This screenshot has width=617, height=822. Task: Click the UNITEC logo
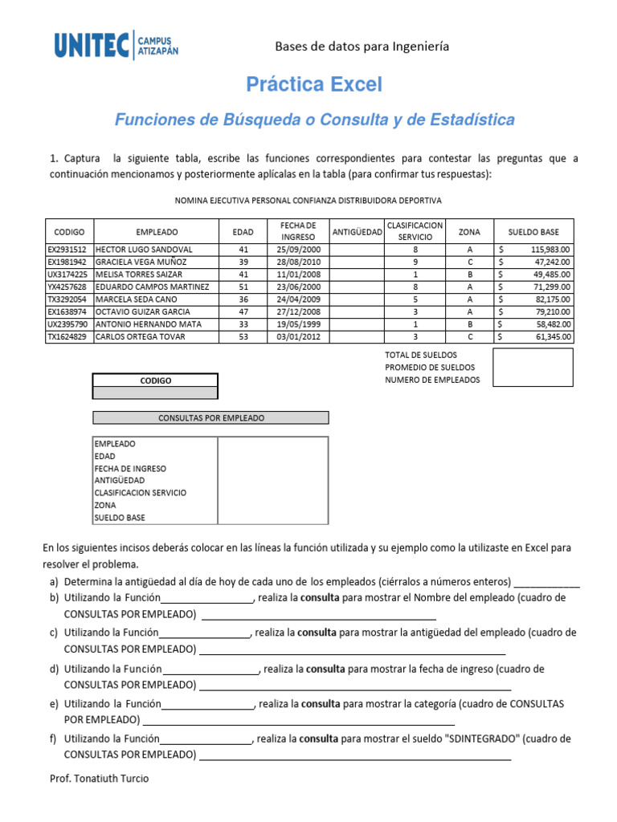click(116, 45)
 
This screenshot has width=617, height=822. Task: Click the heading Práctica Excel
click(314, 84)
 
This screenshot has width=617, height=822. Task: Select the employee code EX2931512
click(68, 250)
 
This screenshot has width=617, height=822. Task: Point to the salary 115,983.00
click(547, 250)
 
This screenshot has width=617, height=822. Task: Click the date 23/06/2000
click(298, 287)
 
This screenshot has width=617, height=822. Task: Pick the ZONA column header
click(469, 232)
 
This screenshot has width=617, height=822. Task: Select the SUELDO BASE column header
click(533, 232)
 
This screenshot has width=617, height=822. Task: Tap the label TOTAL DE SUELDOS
click(422, 354)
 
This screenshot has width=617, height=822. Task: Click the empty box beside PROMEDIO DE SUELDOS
click(533, 367)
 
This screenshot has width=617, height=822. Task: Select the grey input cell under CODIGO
click(155, 393)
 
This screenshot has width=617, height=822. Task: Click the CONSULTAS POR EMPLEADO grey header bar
click(211, 418)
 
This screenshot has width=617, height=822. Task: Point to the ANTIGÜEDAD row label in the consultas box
click(120, 480)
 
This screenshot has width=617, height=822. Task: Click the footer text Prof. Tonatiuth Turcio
click(100, 778)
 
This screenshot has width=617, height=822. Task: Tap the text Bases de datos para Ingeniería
click(362, 47)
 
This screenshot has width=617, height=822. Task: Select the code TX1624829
click(68, 336)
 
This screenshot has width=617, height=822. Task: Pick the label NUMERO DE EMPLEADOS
click(432, 380)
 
